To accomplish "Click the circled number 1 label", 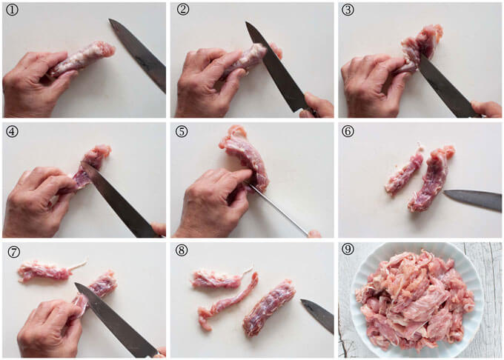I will pyautogui.click(x=13, y=11).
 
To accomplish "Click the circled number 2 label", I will pyautogui.click(x=182, y=11).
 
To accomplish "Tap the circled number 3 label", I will pyautogui.click(x=349, y=11).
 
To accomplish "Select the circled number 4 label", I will pyautogui.click(x=13, y=131).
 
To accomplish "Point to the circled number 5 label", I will pyautogui.click(x=182, y=131).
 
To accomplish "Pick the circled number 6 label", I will pyautogui.click(x=349, y=131).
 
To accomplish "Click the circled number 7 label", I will pyautogui.click(x=13, y=251).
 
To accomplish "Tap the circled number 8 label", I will pyautogui.click(x=182, y=251).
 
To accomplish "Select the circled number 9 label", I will pyautogui.click(x=349, y=251).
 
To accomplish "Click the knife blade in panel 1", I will pyautogui.click(x=140, y=55).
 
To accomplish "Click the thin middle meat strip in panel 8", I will pyautogui.click(x=227, y=301).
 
